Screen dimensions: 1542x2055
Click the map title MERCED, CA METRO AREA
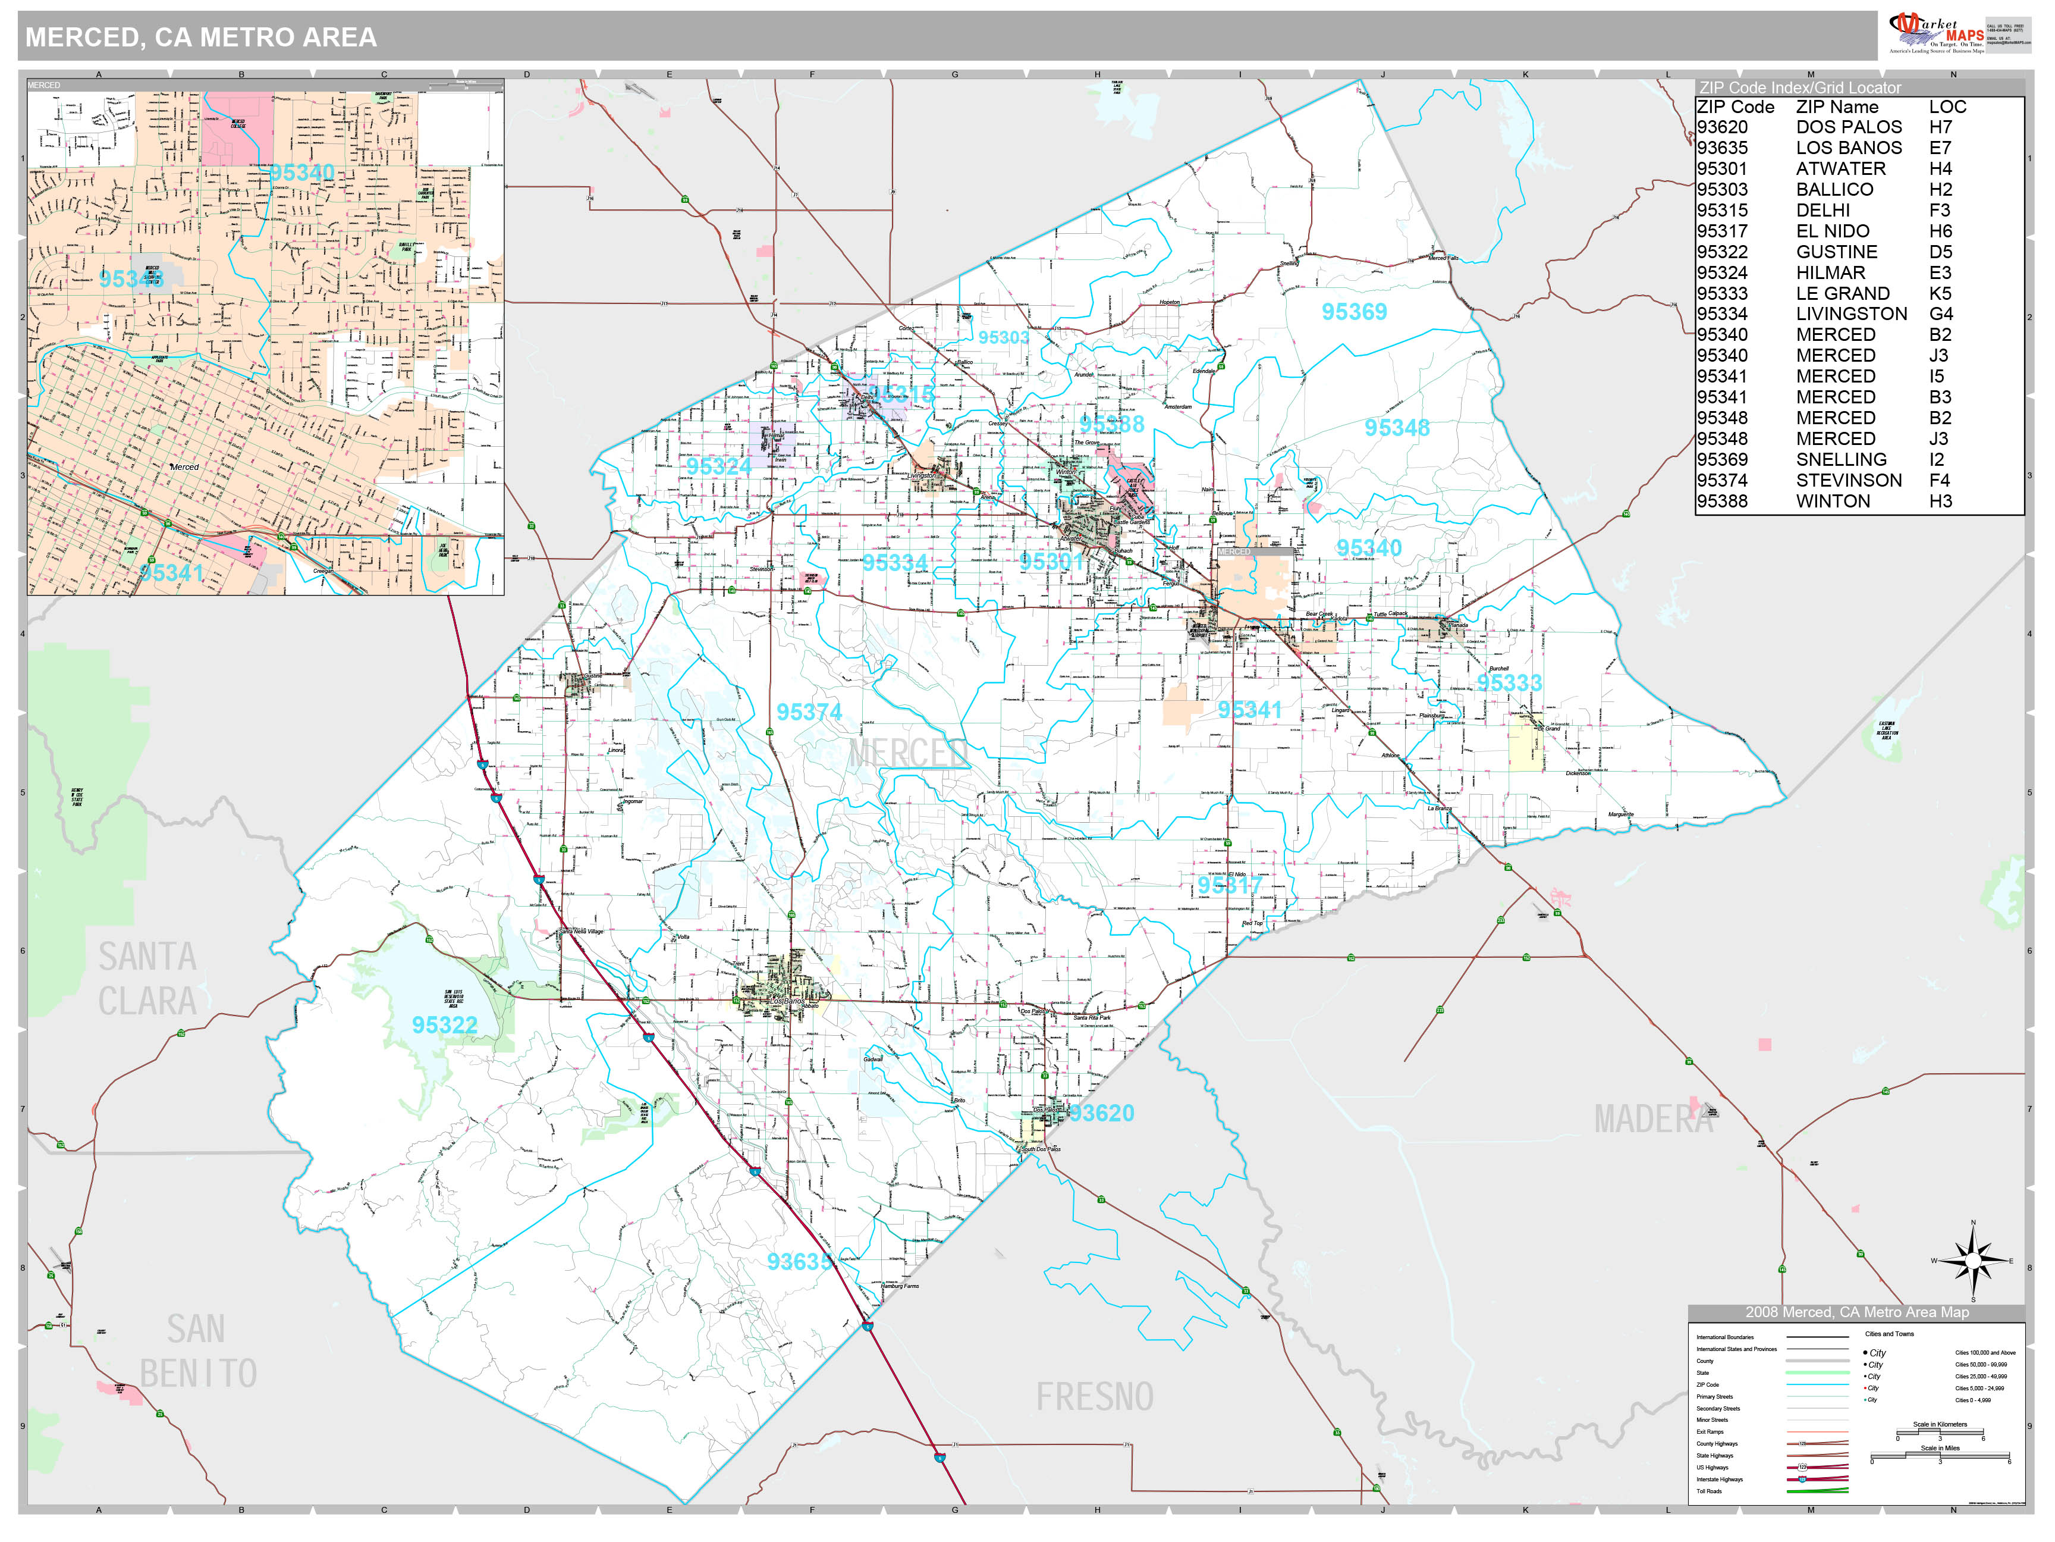200,37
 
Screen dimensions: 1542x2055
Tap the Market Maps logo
1937,33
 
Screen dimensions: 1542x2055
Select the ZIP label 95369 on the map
1353,312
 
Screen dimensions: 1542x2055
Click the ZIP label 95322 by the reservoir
444,1025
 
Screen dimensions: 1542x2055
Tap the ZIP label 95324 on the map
718,466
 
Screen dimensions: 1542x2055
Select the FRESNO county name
1094,1397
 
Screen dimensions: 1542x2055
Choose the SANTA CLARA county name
147,979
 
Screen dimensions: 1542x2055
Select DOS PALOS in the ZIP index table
1848,127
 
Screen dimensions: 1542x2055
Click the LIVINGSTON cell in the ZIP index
1850,314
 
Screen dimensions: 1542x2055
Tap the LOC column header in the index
1947,107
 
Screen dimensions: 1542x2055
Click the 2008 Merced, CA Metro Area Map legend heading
1856,1312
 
